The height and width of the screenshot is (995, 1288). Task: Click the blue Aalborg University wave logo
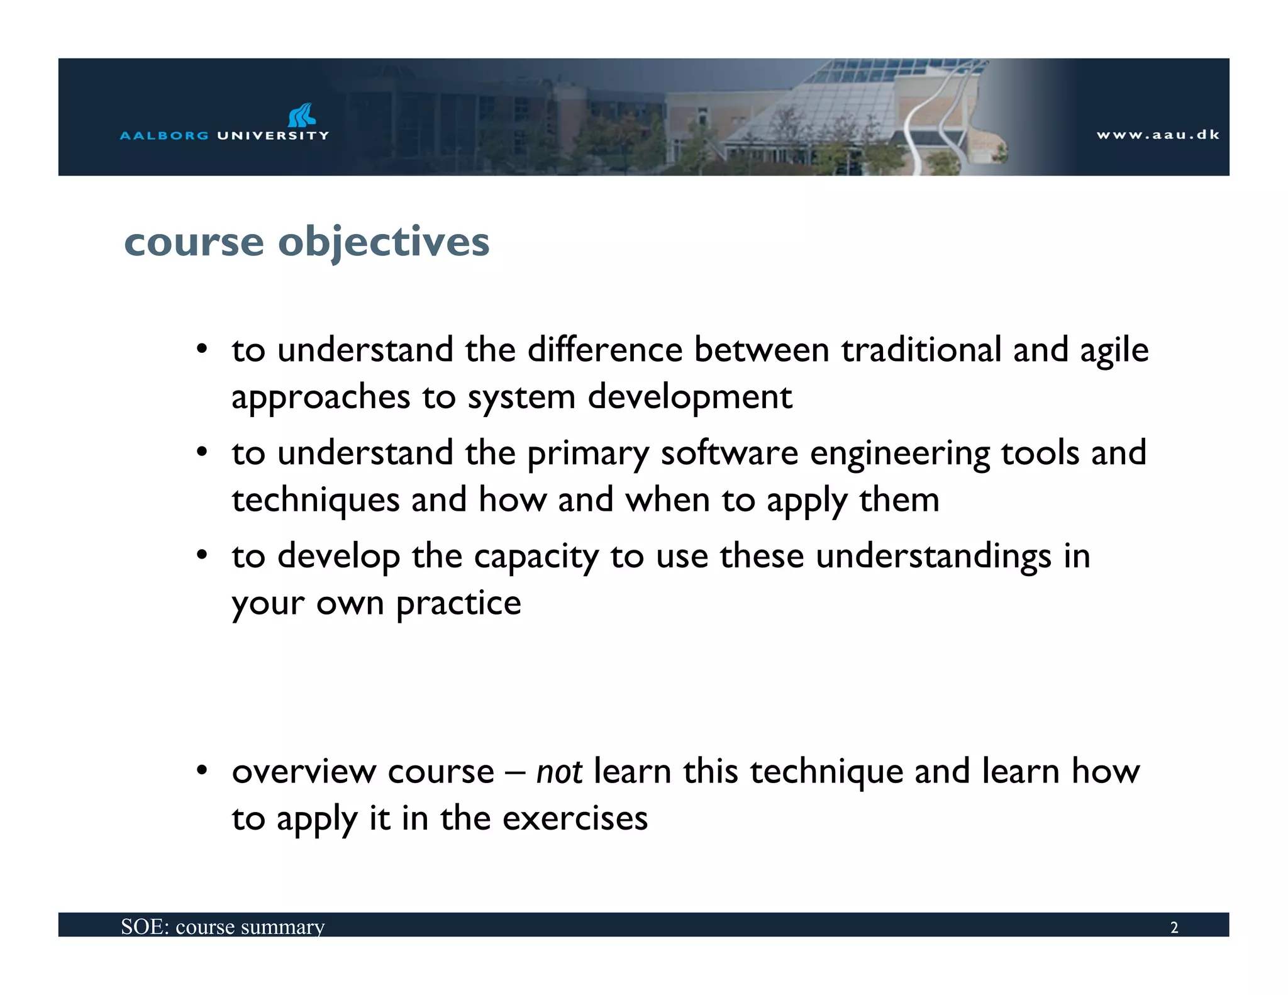pos(302,115)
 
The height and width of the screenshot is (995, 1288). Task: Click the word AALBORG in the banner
pos(164,136)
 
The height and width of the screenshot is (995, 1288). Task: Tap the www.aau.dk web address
pos(1158,135)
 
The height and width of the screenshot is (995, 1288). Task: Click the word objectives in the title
pos(384,242)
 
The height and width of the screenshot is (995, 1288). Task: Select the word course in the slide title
pos(194,242)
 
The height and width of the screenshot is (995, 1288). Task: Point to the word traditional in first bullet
pos(921,350)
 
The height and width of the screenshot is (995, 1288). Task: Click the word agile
pos(1114,351)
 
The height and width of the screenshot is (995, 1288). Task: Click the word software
pos(729,453)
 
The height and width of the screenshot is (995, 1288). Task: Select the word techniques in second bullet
pos(315,501)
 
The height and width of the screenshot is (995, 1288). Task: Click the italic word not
pos(558,772)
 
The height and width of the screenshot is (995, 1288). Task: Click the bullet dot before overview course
pos(201,770)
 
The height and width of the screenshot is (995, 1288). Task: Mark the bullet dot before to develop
pos(201,555)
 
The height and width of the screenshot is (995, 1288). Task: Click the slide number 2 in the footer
pos(1174,928)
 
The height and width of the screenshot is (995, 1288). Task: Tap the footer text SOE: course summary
pos(223,927)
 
